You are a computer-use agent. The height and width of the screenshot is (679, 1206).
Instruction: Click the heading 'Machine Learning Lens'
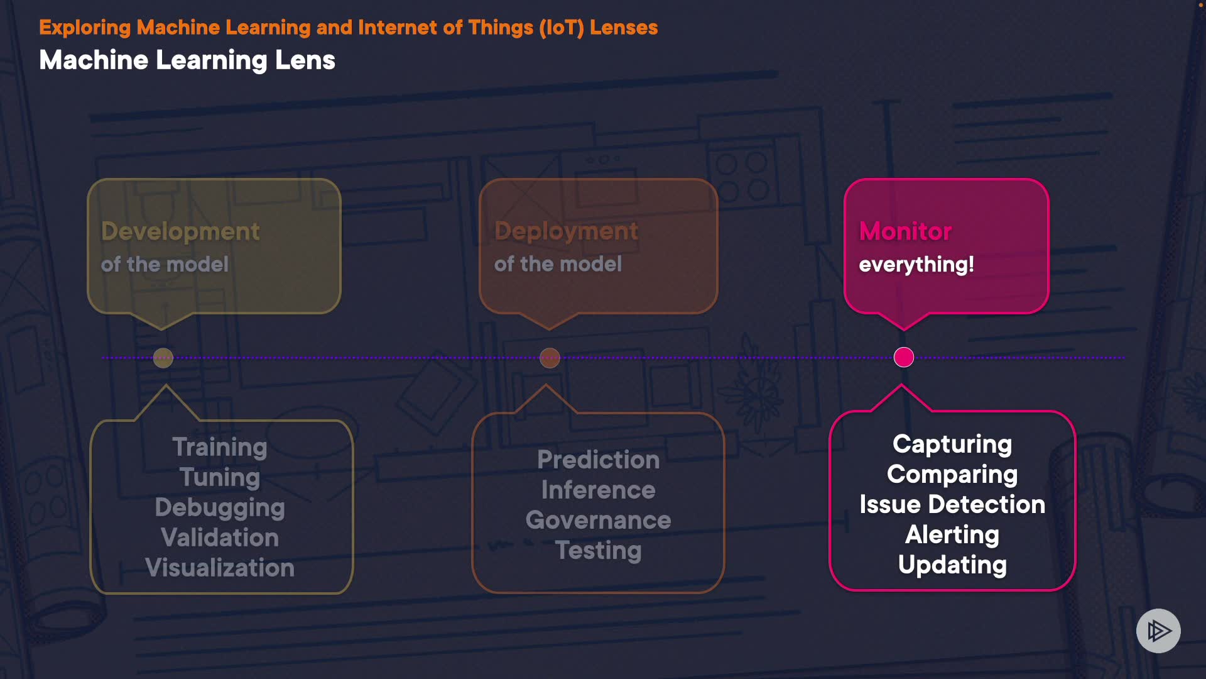tap(187, 60)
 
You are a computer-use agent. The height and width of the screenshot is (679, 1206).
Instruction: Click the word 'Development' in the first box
tap(180, 231)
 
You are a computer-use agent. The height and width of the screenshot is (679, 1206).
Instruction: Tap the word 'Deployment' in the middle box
tap(566, 231)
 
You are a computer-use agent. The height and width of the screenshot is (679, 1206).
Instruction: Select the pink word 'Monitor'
tap(905, 231)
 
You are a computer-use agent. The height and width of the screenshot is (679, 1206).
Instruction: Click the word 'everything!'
tap(916, 264)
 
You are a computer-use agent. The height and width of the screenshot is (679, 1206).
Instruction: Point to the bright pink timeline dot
tap(904, 357)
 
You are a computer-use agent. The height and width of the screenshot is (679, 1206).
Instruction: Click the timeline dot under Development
tap(163, 358)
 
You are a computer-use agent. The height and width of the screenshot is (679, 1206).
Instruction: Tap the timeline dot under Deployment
tap(550, 358)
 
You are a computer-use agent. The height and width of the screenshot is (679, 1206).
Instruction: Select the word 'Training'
tap(220, 447)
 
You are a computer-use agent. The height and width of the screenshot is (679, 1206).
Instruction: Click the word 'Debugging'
tap(220, 507)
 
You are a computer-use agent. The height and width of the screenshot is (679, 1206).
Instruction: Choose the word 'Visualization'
tap(220, 568)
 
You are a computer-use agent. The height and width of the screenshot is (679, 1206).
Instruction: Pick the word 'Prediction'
tap(598, 460)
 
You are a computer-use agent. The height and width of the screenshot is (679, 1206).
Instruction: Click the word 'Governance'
tap(598, 520)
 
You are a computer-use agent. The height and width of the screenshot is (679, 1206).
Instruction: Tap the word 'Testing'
tap(598, 550)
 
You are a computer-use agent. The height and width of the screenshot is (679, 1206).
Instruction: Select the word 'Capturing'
tap(952, 444)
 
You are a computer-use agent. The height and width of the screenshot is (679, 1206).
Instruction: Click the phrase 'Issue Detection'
tap(952, 504)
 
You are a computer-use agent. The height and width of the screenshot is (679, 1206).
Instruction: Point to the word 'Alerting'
tap(952, 534)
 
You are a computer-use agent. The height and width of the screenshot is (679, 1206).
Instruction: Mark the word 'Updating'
tap(952, 565)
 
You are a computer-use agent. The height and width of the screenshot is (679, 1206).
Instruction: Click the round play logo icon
tap(1158, 631)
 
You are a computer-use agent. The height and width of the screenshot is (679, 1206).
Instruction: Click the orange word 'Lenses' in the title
tap(624, 28)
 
